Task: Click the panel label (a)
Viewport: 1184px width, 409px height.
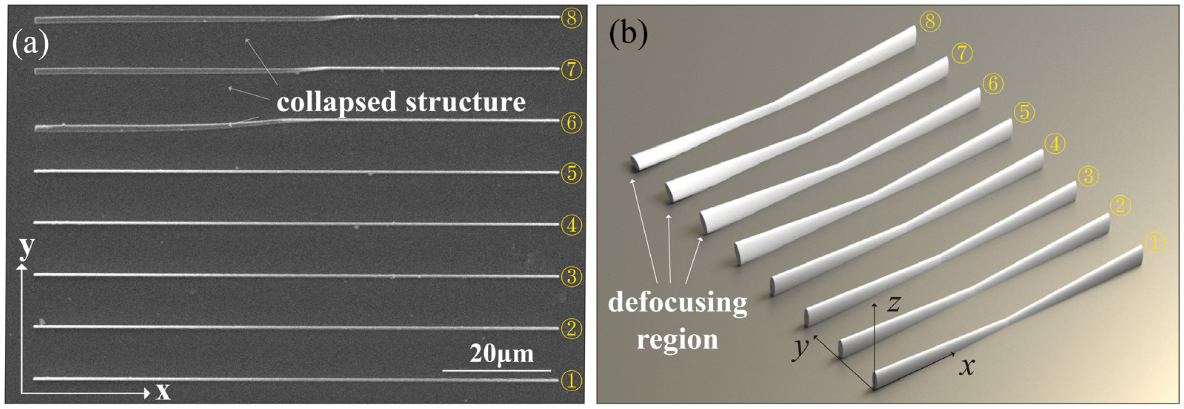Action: (x=30, y=44)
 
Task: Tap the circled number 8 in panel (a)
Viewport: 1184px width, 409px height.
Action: (x=571, y=18)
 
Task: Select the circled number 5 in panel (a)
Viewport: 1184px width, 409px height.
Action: (x=571, y=173)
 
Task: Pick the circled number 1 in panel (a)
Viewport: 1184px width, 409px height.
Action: (x=571, y=381)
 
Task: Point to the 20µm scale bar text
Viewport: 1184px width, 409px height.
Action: (x=501, y=354)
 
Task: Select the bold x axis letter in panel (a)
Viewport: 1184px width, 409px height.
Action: (x=163, y=392)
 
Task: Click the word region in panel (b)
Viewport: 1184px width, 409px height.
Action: (x=677, y=340)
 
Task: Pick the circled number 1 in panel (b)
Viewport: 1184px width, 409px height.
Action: (x=1155, y=242)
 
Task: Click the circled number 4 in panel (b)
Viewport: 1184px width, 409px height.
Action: (x=1054, y=144)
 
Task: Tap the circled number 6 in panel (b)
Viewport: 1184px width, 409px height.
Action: (x=993, y=84)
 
